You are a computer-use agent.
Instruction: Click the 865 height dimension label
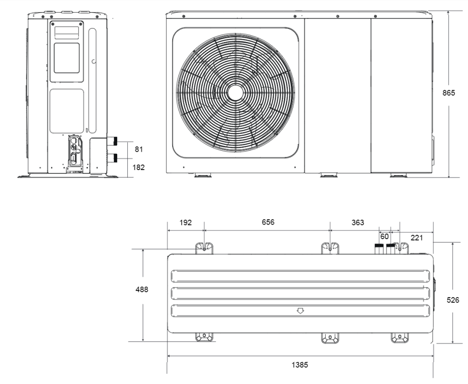(449, 93)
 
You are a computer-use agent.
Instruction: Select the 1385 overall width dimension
(300, 365)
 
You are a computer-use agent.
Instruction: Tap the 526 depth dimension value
(453, 300)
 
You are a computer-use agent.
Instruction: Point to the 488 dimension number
(142, 289)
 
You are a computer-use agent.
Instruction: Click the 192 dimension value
(186, 223)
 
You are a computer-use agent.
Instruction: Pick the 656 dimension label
(268, 222)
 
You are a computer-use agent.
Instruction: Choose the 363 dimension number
(358, 223)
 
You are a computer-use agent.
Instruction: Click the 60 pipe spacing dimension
(385, 236)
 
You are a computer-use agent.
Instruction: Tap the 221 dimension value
(417, 238)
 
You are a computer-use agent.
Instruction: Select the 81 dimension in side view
(139, 149)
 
